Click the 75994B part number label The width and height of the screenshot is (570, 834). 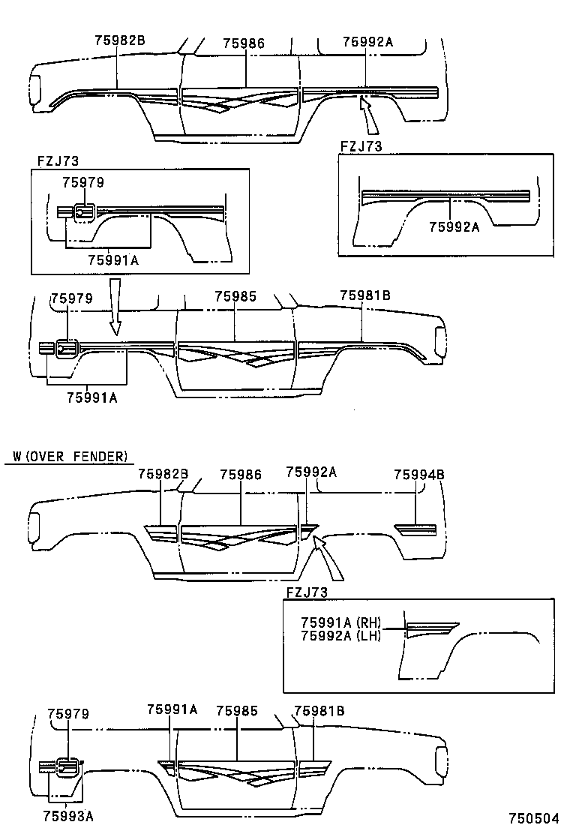click(x=419, y=474)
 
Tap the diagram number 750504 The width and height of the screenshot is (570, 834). click(x=534, y=819)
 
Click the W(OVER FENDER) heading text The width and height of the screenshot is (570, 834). click(x=70, y=456)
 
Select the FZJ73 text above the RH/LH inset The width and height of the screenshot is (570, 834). click(x=307, y=592)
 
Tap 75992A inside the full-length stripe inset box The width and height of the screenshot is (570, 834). click(x=454, y=226)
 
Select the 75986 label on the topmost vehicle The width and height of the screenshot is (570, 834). click(x=244, y=44)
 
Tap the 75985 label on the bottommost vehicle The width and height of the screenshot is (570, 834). click(x=236, y=710)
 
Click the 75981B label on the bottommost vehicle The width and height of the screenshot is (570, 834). click(x=319, y=710)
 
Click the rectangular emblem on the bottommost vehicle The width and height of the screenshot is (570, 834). click(x=68, y=767)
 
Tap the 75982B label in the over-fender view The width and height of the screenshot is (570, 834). click(x=163, y=474)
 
